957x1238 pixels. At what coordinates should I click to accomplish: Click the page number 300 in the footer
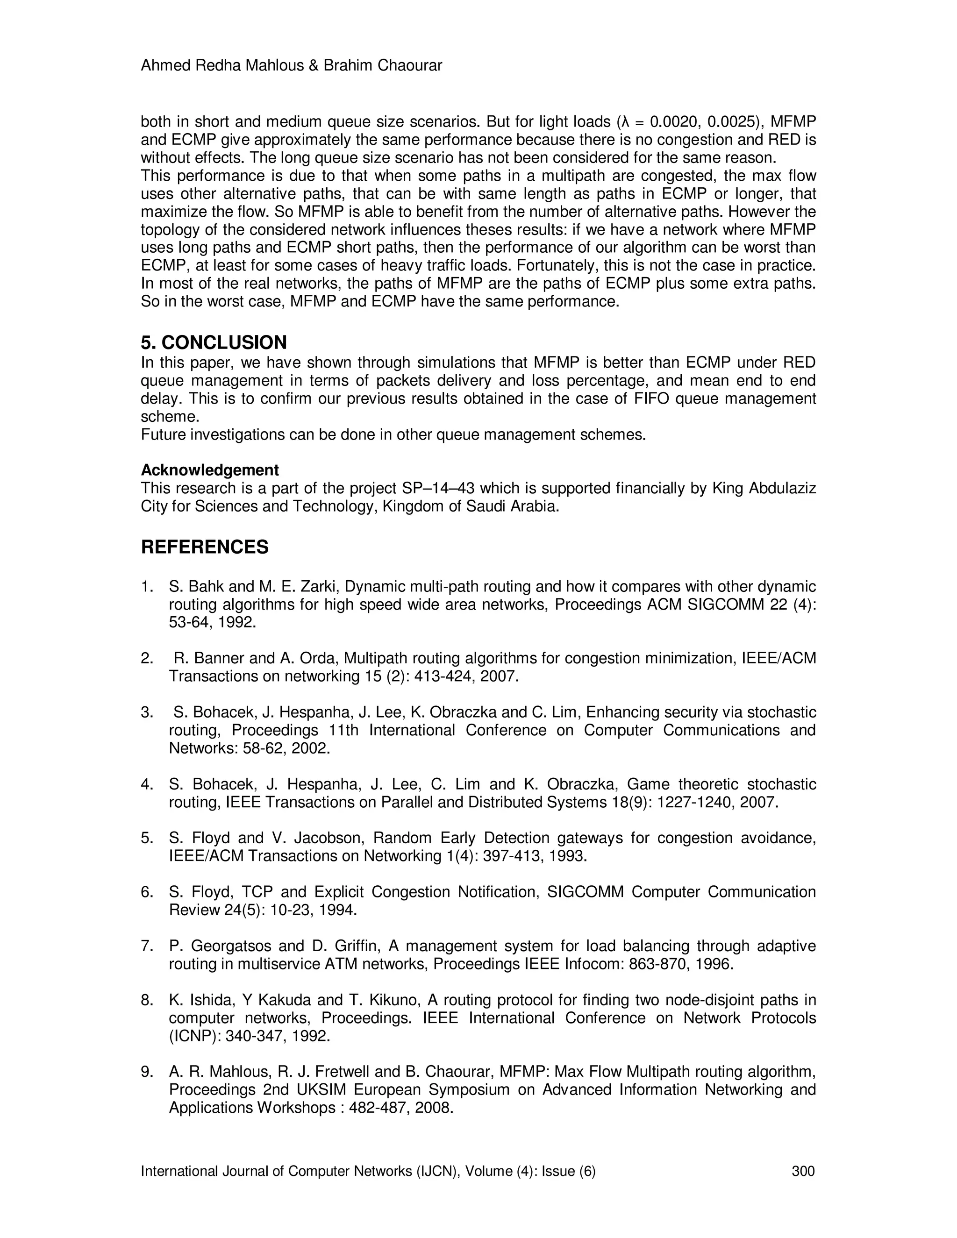(x=803, y=1171)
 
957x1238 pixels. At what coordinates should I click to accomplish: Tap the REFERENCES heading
(x=205, y=547)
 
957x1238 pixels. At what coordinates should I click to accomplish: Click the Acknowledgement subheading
(x=210, y=470)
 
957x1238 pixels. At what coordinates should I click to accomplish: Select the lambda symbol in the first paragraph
(x=625, y=122)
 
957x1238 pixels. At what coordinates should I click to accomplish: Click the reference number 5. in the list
(x=147, y=838)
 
